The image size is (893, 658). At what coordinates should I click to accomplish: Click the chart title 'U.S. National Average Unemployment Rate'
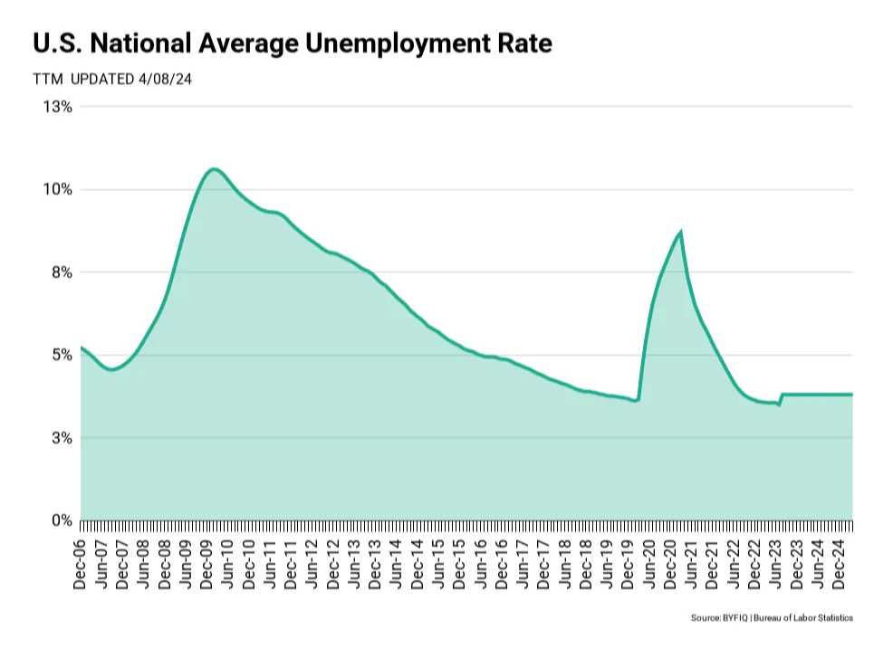(x=292, y=43)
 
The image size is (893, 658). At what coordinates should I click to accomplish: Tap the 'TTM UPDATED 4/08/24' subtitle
(x=111, y=79)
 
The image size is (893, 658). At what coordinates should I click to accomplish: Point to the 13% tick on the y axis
(x=58, y=107)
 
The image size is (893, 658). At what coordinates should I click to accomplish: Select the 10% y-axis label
(x=58, y=189)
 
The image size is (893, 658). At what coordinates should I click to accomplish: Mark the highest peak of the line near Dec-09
(x=213, y=169)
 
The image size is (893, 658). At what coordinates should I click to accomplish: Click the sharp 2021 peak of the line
(x=680, y=233)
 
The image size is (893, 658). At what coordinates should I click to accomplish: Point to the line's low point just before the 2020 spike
(x=637, y=400)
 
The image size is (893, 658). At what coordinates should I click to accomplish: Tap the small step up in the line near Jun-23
(x=781, y=397)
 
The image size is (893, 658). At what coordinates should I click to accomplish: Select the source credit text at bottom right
(x=772, y=617)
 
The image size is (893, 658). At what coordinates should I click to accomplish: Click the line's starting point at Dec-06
(x=82, y=348)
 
